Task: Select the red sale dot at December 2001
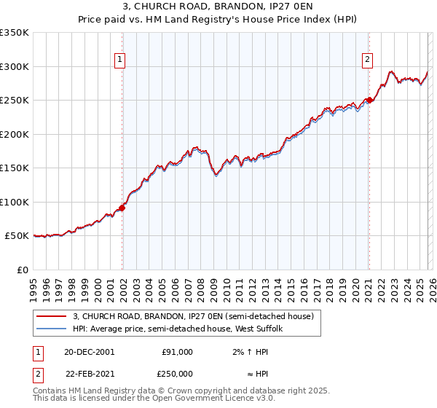tap(122, 208)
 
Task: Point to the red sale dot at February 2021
tap(369, 101)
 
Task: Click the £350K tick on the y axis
tap(15, 33)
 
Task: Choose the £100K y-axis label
tap(15, 202)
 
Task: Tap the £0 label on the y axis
tap(22, 270)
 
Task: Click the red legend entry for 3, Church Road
tap(193, 316)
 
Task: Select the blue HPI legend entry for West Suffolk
tap(182, 329)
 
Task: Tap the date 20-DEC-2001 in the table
tap(89, 352)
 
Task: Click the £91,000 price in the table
tap(177, 352)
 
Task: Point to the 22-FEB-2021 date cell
tap(89, 374)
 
